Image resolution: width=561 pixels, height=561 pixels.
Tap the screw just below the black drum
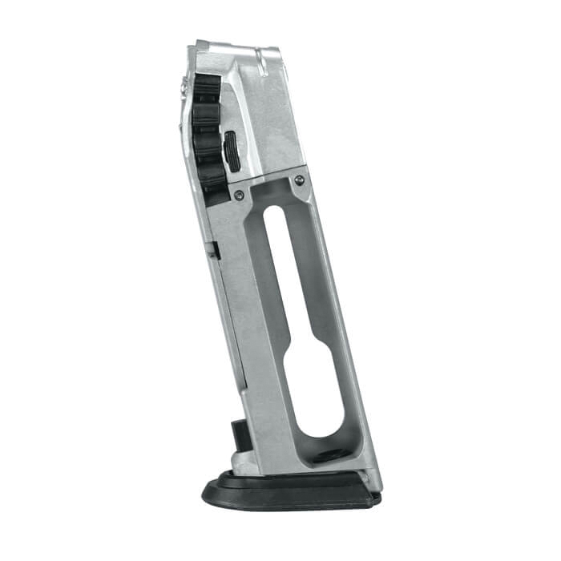(x=239, y=194)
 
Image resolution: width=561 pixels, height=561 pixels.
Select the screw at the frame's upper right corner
(x=299, y=180)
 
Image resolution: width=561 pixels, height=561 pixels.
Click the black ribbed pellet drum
(x=207, y=128)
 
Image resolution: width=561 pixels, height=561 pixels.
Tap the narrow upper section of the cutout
(x=277, y=264)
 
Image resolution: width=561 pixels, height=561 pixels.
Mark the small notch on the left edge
(x=215, y=250)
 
